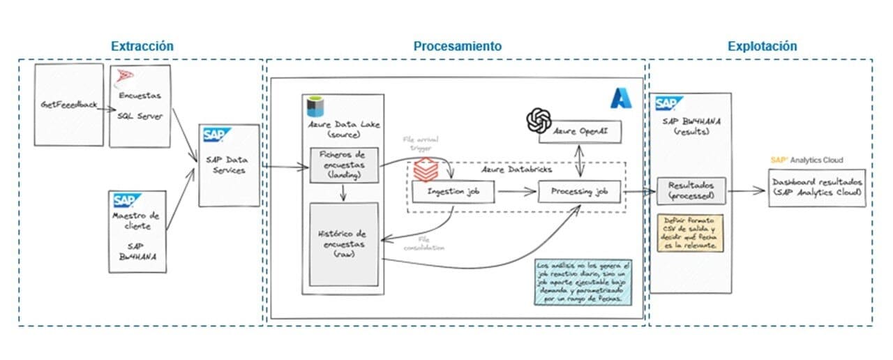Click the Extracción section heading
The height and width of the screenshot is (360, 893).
[142, 47]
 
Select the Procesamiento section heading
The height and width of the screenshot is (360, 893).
[457, 47]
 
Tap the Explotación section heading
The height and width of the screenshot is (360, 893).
[762, 47]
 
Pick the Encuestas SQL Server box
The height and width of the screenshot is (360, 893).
[140, 107]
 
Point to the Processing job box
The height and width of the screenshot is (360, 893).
[579, 190]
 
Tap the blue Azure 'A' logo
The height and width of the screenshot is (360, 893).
[621, 98]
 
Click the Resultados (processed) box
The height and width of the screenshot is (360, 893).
[691, 192]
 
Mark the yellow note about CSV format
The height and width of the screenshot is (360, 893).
[690, 233]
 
